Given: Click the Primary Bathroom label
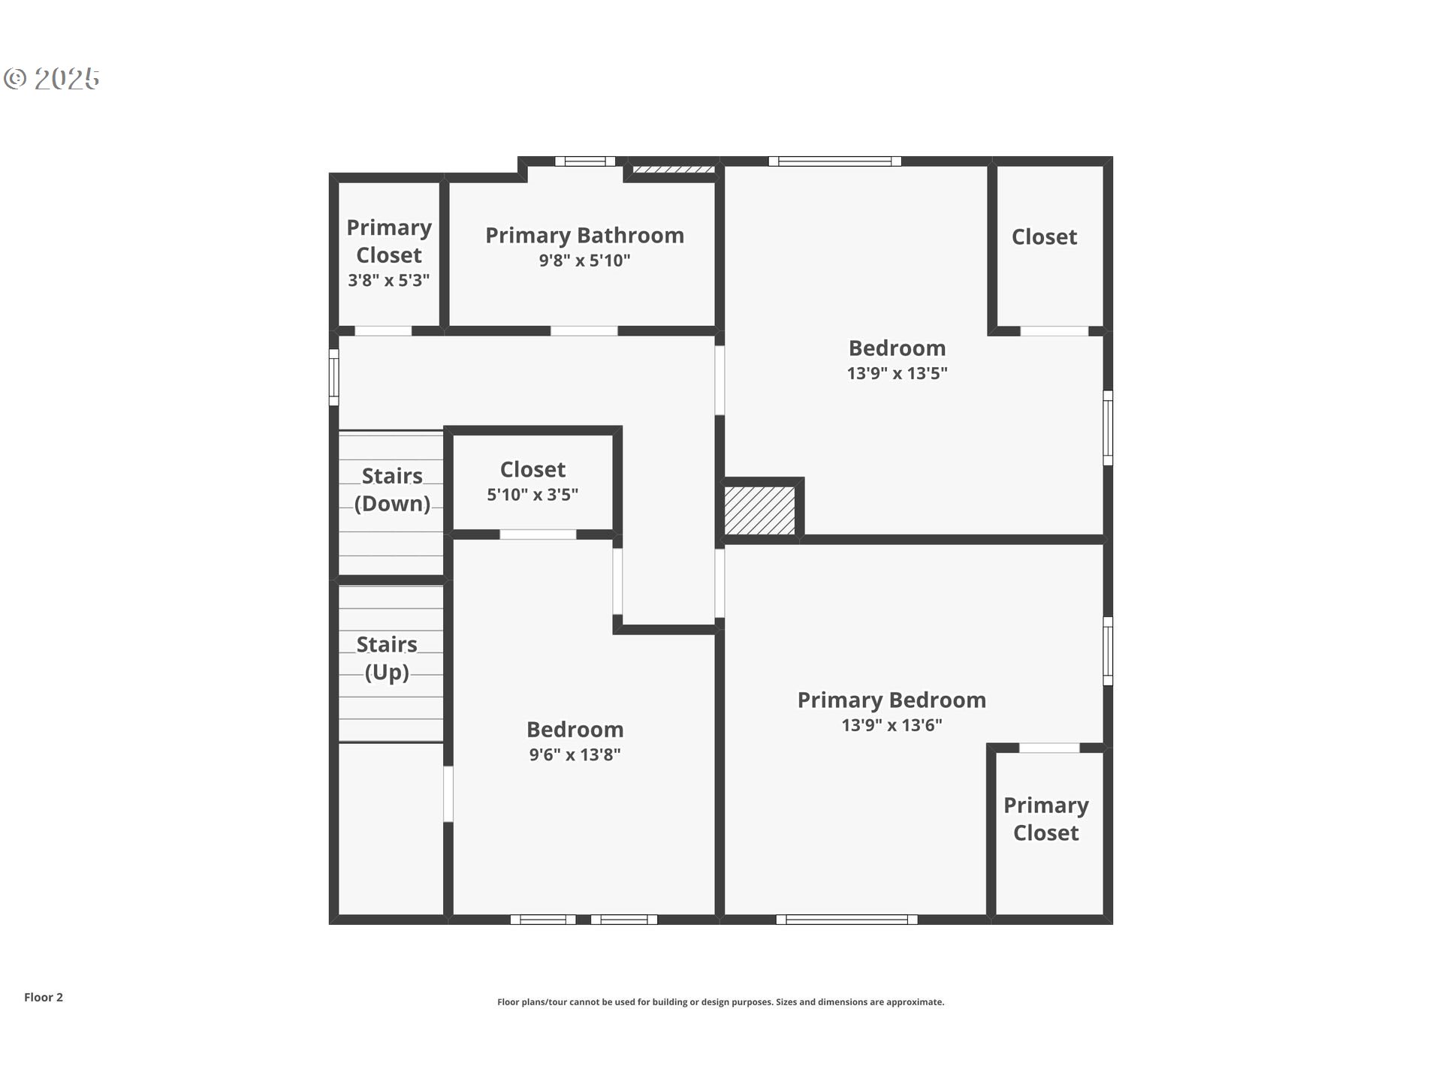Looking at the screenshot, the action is coord(584,236).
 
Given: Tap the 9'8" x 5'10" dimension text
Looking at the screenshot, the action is coord(584,260).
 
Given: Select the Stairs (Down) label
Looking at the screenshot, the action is coord(392,489).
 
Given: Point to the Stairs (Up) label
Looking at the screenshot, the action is coord(387,658).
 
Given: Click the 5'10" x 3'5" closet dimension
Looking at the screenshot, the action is coord(532,495).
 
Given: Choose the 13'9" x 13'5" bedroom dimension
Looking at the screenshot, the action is coord(897,373).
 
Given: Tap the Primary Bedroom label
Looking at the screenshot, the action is coord(891,700).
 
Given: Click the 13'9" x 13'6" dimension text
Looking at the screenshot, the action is coord(891,725).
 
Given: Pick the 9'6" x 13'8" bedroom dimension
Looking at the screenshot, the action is coord(575,755).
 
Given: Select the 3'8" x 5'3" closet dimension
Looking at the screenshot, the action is coord(389,281).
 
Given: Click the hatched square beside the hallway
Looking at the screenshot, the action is coord(759,510).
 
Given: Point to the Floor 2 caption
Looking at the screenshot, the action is coord(44,997).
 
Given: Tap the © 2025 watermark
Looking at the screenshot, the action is coord(52,79).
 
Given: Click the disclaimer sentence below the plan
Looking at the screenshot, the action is coord(720,1002).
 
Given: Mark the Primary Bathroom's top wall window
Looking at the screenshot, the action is coord(585,161).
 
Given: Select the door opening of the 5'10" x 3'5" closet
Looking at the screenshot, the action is coord(538,534).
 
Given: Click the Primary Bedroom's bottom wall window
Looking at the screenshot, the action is coord(846,920).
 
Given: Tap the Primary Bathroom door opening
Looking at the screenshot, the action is coord(584,331).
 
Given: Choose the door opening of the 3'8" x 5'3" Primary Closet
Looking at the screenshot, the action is coord(383,331).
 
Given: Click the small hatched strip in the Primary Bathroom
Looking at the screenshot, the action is coord(673,170).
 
